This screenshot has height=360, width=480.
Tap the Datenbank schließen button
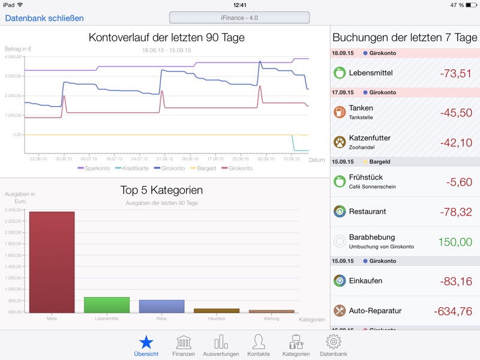click(x=44, y=18)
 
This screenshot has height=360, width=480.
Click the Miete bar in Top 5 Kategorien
click(x=52, y=262)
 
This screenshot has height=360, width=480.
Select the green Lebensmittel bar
click(x=107, y=305)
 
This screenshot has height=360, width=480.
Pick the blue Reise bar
click(x=161, y=306)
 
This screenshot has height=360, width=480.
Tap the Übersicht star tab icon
click(x=146, y=342)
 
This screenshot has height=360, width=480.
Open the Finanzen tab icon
click(x=184, y=342)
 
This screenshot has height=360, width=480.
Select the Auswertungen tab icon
click(x=221, y=342)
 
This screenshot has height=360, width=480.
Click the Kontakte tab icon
click(x=259, y=342)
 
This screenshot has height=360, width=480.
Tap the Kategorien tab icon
click(x=296, y=342)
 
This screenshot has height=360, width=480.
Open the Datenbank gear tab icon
click(x=333, y=342)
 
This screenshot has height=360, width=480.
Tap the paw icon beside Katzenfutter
click(x=340, y=142)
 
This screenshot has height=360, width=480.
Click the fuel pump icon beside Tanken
click(x=340, y=112)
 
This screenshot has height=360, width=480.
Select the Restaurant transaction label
click(x=367, y=211)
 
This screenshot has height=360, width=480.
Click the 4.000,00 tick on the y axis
click(x=13, y=57)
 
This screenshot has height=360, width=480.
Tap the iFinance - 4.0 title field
click(x=239, y=17)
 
